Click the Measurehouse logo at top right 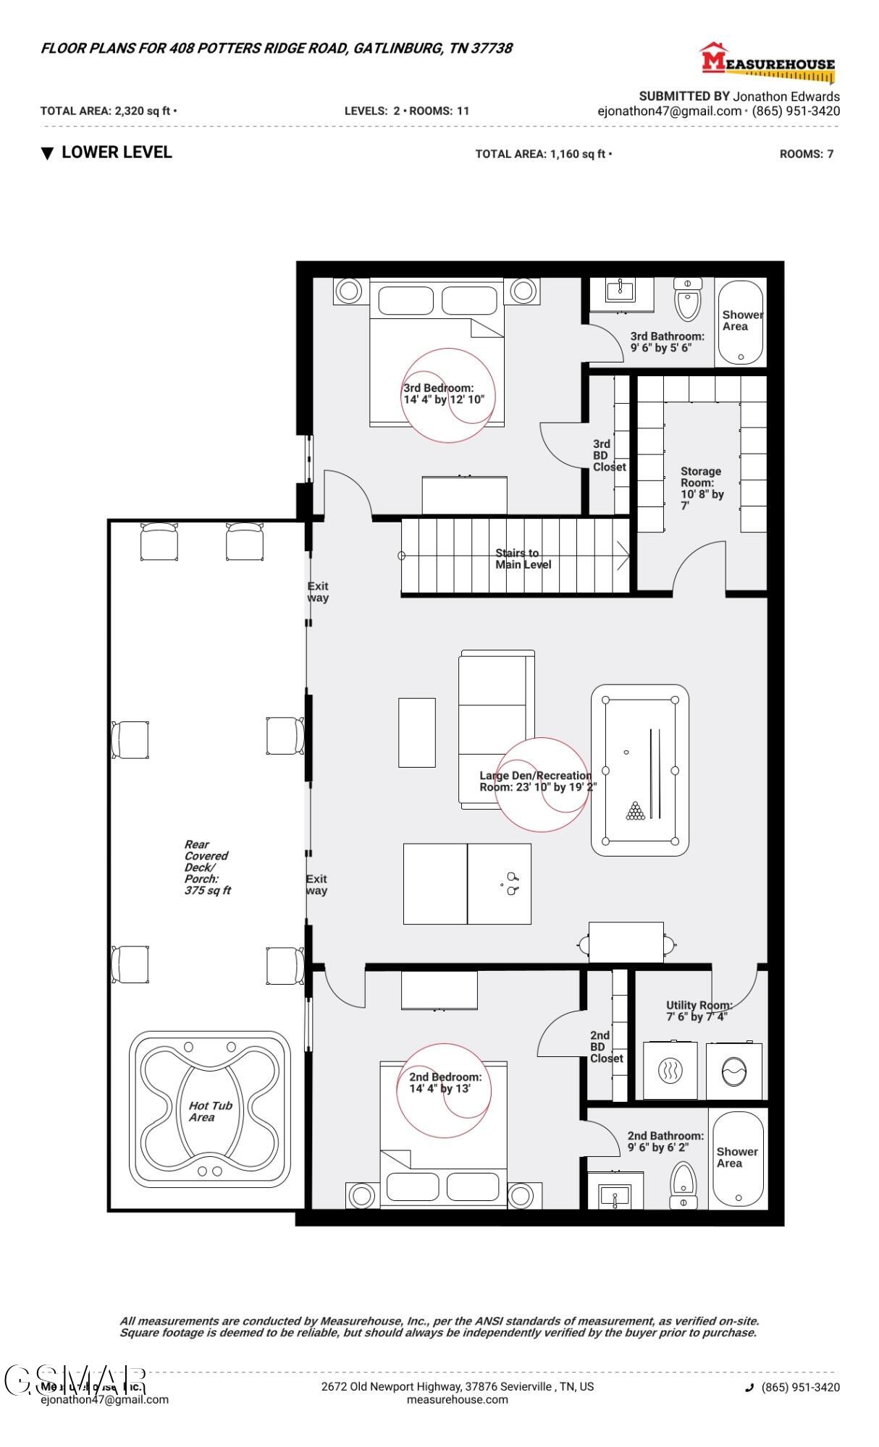pyautogui.click(x=767, y=61)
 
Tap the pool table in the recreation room pyautogui.click(x=640, y=770)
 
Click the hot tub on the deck pyautogui.click(x=210, y=1110)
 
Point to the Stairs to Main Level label pyautogui.click(x=523, y=559)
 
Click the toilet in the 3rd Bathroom pyautogui.click(x=687, y=300)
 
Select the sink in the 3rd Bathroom pyautogui.click(x=621, y=292)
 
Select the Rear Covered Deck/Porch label pyautogui.click(x=206, y=867)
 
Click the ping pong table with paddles pyautogui.click(x=467, y=883)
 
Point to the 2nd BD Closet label pyautogui.click(x=606, y=1046)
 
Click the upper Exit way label pyautogui.click(x=318, y=592)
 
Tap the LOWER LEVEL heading pyautogui.click(x=116, y=153)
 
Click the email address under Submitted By pyautogui.click(x=669, y=111)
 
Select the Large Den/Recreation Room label pyautogui.click(x=536, y=781)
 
